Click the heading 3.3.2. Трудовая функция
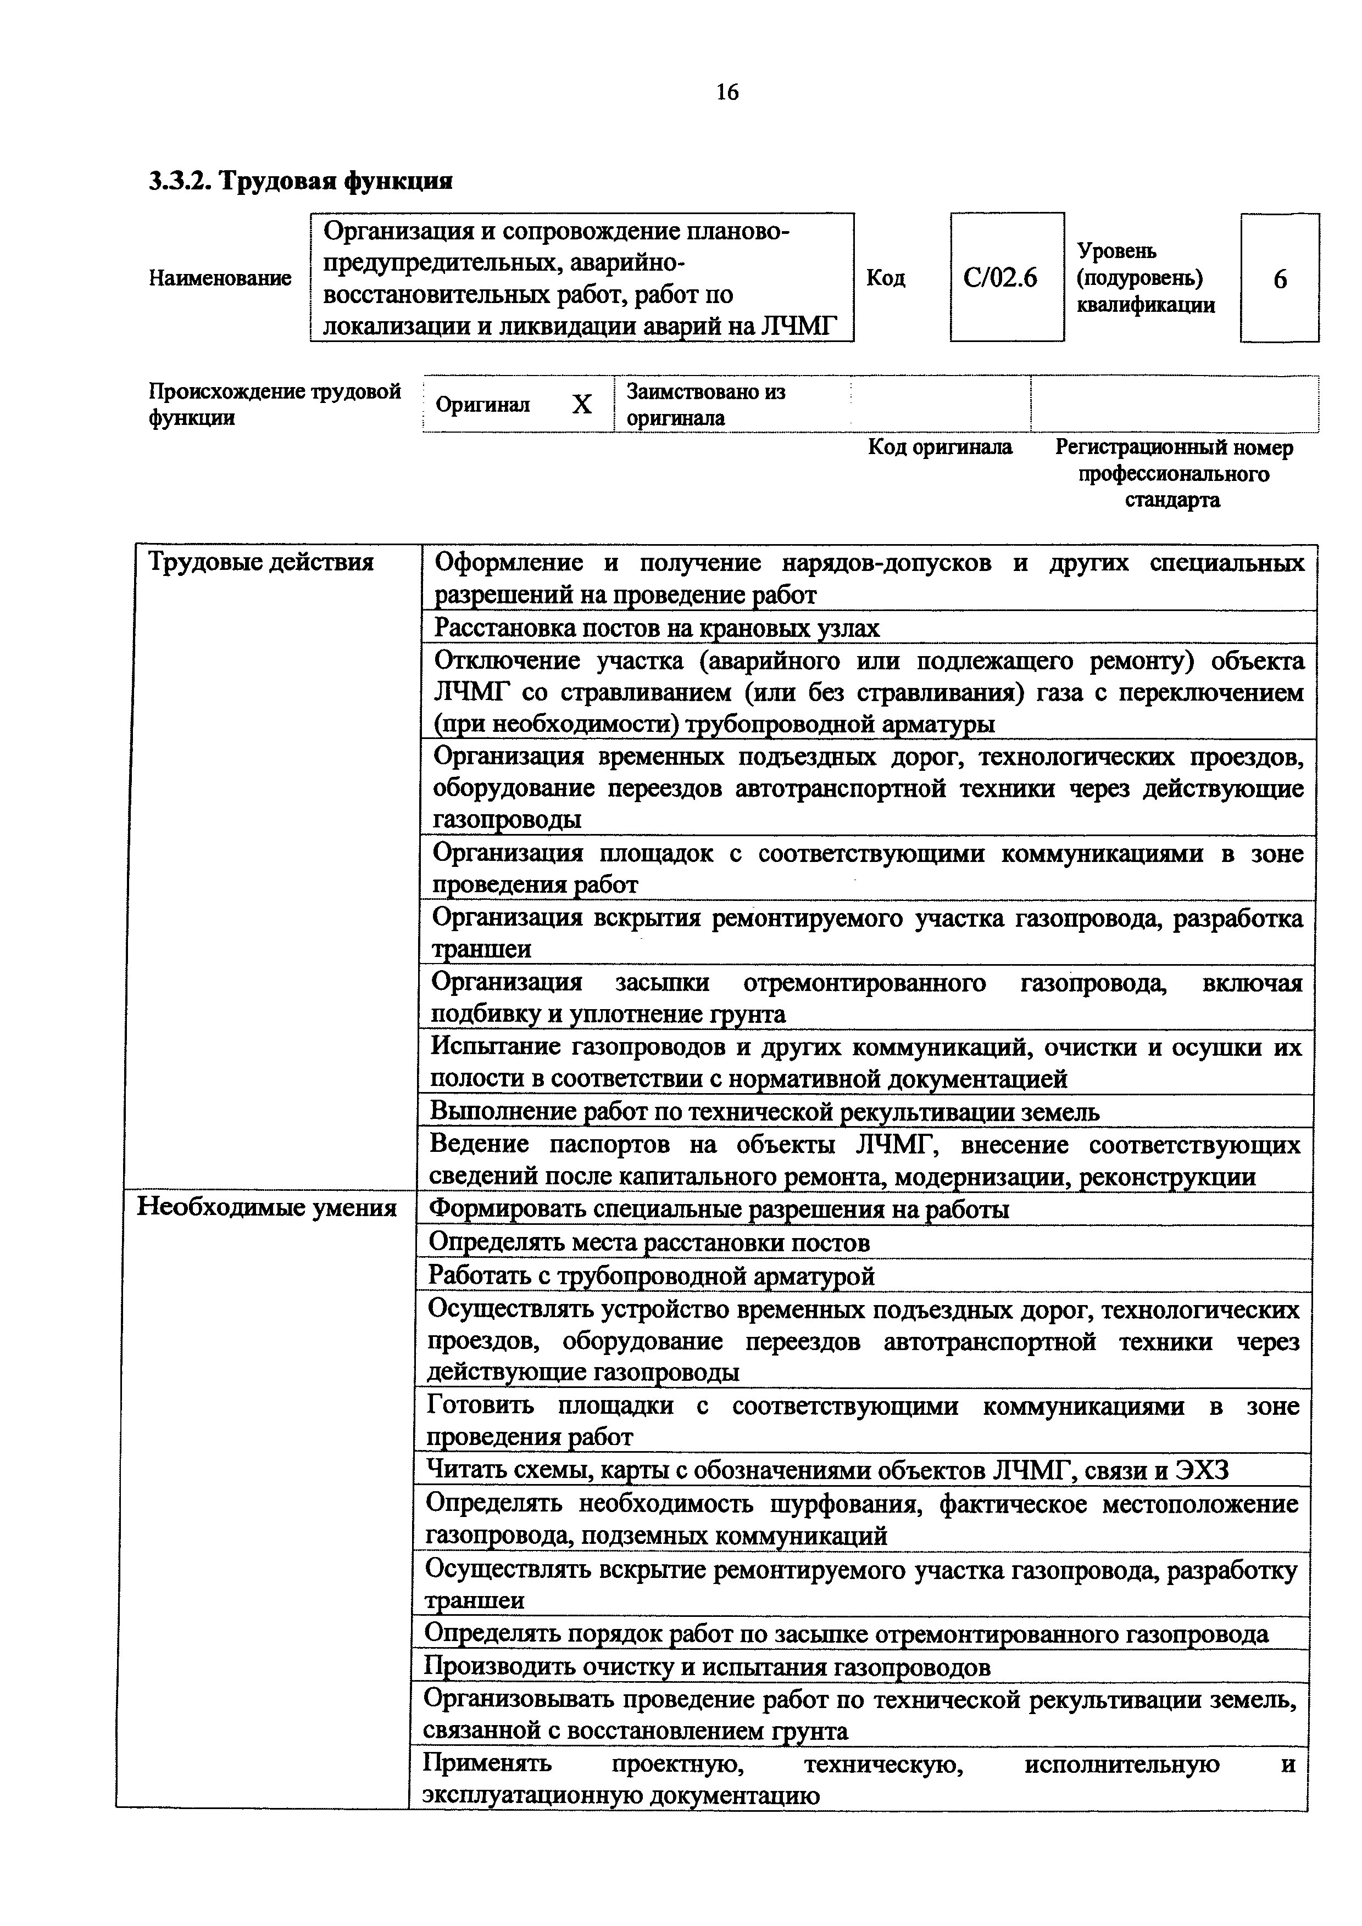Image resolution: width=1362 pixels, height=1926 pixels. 301,180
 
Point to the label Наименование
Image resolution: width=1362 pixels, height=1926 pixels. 220,278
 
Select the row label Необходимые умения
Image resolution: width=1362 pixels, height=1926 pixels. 266,1207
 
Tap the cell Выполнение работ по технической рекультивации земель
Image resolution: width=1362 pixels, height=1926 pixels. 764,1111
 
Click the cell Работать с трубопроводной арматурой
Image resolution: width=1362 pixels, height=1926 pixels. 651,1275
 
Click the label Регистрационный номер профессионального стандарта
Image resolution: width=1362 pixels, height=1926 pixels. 1173,474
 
